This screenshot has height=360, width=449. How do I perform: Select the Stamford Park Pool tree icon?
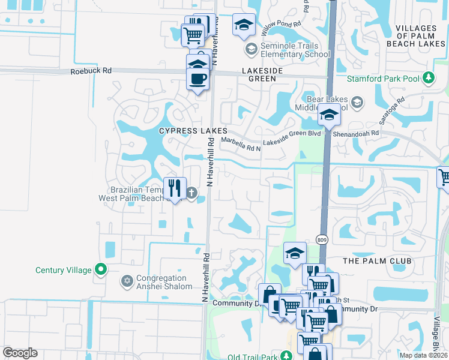pos(429,78)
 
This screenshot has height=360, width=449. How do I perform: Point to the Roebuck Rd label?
pos(91,70)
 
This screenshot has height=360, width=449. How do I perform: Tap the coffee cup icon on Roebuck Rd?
pos(198,79)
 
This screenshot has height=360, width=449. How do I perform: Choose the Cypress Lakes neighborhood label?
pos(193,130)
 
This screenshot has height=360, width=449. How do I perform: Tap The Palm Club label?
pos(377,261)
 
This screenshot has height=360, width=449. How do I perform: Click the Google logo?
pos(20,353)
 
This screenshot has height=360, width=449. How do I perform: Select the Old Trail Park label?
pos(254,358)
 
